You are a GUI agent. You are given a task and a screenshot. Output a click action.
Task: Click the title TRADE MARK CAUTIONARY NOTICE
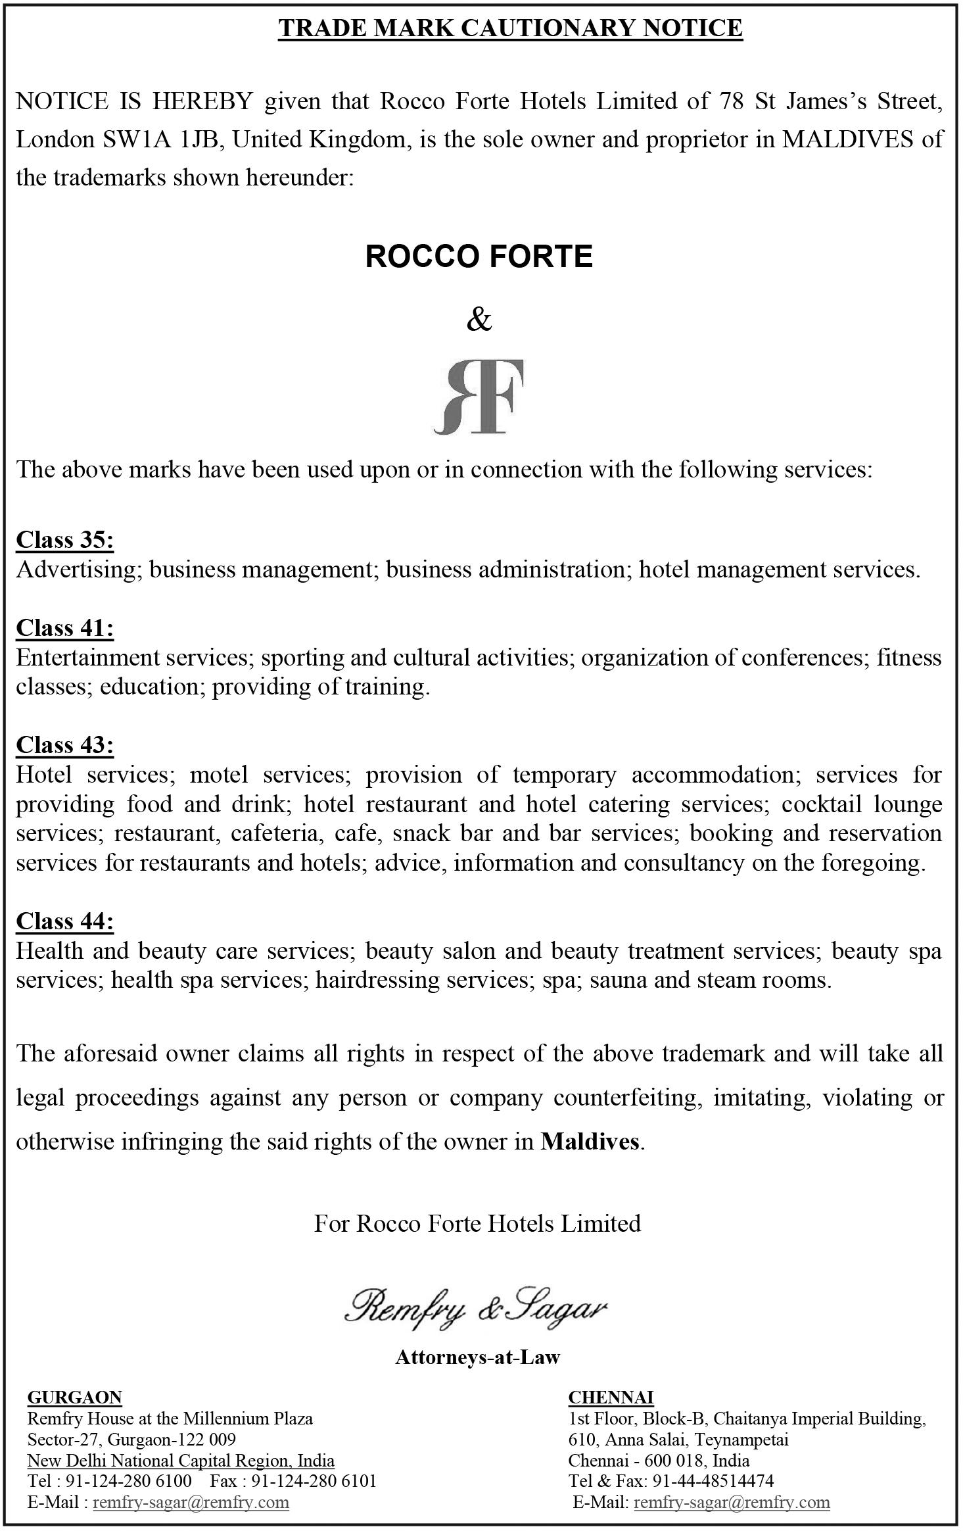[510, 28]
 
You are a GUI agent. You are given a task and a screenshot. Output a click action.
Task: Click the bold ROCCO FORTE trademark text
[479, 256]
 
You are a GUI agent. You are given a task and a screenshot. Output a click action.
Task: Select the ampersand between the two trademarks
[479, 320]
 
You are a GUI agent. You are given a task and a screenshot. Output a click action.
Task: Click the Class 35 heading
[64, 540]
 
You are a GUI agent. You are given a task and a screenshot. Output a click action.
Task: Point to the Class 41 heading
[64, 628]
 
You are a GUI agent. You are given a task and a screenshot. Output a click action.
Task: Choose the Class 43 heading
[64, 745]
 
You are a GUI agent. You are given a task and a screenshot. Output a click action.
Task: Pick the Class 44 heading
[64, 921]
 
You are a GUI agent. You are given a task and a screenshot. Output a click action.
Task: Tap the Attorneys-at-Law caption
[477, 1357]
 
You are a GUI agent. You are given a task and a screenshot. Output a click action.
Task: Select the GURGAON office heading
[74, 1397]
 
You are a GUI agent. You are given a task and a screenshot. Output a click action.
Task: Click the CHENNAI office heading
[611, 1397]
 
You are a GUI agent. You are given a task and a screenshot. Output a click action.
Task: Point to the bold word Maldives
[590, 1142]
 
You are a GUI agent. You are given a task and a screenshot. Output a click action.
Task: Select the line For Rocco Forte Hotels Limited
[477, 1224]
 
